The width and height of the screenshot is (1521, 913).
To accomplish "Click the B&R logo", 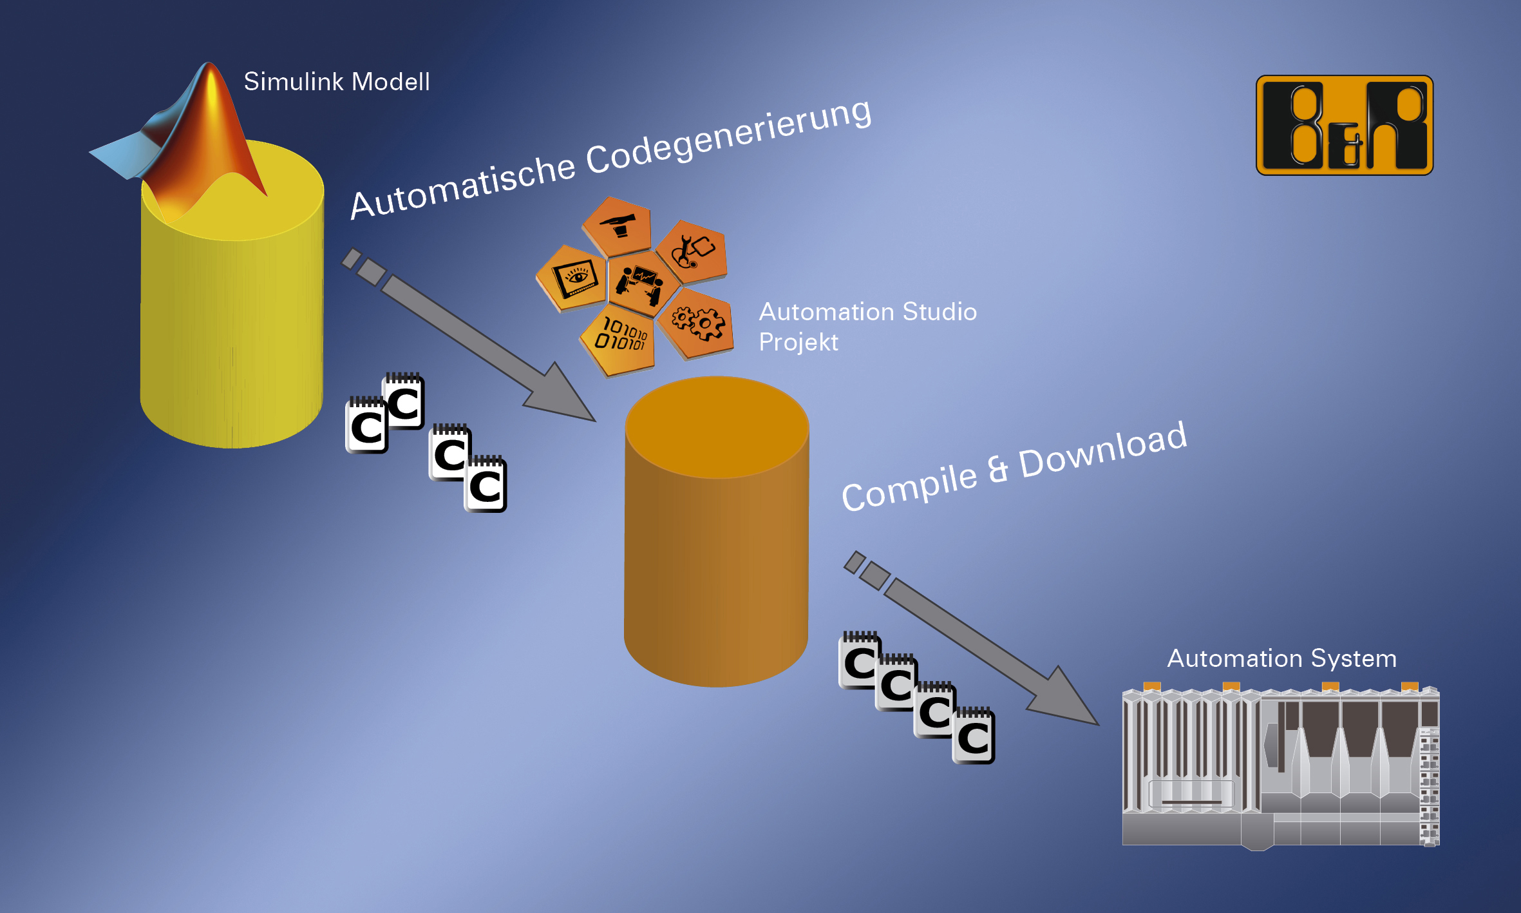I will pos(1344,125).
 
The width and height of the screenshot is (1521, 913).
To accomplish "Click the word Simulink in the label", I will pos(293,82).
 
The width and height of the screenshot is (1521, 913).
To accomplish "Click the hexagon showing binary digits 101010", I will pos(619,339).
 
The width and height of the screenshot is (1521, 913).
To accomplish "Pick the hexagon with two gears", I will pos(697,322).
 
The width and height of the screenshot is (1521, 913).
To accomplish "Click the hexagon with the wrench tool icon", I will pos(692,252).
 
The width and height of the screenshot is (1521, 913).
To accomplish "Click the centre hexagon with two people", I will pos(641,284).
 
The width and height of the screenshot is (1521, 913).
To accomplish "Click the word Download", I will pos(1102,449).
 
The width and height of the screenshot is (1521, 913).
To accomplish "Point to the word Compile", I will pos(909,486).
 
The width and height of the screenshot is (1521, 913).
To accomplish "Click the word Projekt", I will pos(798,342).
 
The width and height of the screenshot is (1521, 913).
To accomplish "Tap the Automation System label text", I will pos(1281,658).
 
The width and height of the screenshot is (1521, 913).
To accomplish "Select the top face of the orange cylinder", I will pos(717,426).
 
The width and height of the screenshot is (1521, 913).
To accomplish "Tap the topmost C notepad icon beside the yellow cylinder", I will pos(404,401).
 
